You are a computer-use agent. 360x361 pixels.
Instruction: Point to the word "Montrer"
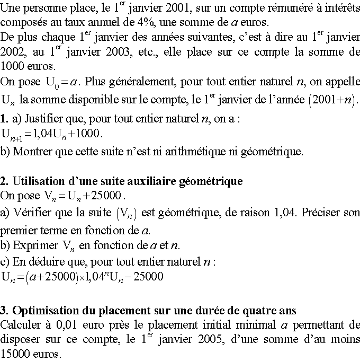tap(30, 152)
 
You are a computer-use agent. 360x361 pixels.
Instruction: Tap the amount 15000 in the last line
tap(14, 353)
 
